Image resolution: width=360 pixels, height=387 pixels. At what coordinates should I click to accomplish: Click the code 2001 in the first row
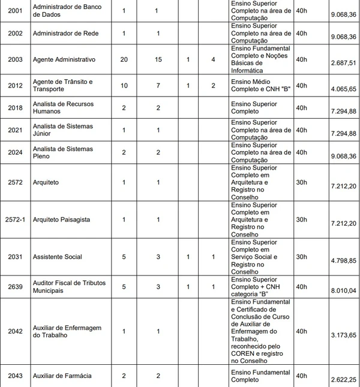pyautogui.click(x=15, y=11)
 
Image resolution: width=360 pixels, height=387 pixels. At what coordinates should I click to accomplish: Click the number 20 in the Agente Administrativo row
pyautogui.click(x=124, y=59)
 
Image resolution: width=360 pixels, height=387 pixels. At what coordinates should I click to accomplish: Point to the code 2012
pyautogui.click(x=15, y=85)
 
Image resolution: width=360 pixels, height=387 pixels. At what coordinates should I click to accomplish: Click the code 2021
pyautogui.click(x=15, y=131)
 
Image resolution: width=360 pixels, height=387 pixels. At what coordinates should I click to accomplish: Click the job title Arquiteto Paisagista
pyautogui.click(x=62, y=220)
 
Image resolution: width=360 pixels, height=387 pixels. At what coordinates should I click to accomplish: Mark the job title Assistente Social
pyautogui.click(x=58, y=257)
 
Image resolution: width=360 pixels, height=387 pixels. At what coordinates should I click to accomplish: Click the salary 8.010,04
pyautogui.click(x=343, y=291)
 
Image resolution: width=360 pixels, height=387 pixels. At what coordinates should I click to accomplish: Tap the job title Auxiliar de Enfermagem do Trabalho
pyautogui.click(x=67, y=331)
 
